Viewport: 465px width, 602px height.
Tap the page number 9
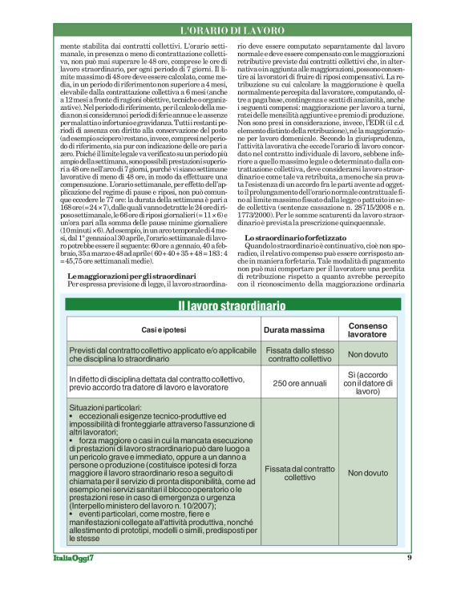tap(409, 579)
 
